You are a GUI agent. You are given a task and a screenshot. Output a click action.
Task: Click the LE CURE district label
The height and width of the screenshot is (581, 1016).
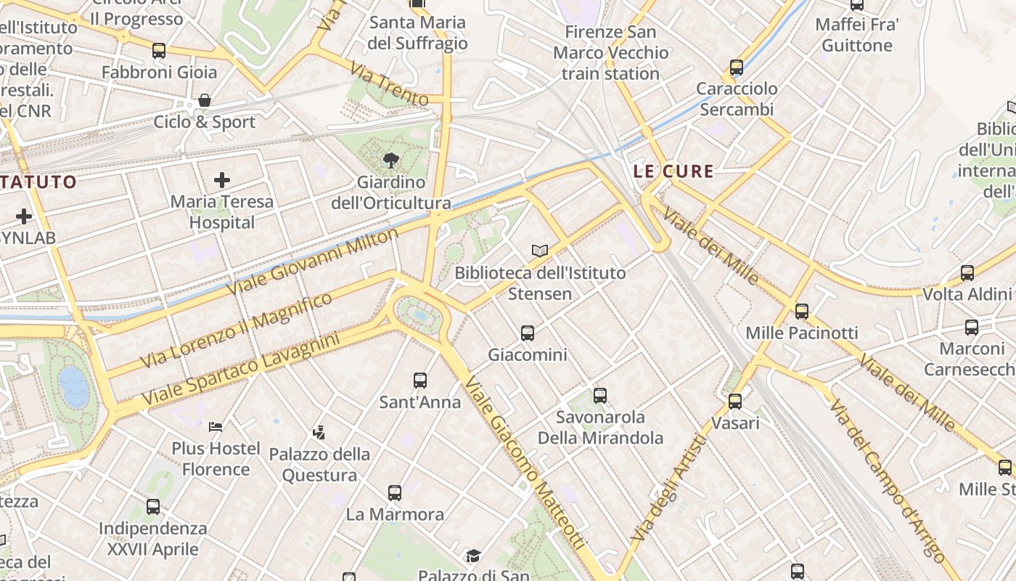673,172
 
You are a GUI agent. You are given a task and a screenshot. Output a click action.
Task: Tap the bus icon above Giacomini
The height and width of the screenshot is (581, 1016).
528,333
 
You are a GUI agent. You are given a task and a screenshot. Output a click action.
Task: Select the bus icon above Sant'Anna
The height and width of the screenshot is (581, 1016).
420,380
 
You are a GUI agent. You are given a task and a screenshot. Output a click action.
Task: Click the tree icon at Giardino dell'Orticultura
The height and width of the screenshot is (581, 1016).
391,160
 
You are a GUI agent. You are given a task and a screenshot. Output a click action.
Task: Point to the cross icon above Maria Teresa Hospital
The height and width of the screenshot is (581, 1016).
222,179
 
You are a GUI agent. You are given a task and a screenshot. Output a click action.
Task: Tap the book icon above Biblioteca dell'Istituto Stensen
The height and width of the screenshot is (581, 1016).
540,251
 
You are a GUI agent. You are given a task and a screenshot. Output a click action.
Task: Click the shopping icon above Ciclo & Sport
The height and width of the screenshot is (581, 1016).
205,99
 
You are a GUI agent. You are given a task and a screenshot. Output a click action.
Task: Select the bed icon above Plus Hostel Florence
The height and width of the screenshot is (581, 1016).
216,426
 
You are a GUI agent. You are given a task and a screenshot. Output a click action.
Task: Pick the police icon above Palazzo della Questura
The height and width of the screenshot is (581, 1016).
319,433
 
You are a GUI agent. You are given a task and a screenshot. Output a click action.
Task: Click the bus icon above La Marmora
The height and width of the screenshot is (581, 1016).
395,493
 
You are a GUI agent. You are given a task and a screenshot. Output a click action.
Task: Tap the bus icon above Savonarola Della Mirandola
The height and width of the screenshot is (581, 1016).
600,395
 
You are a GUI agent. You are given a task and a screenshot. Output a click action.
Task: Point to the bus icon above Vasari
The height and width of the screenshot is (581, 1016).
735,401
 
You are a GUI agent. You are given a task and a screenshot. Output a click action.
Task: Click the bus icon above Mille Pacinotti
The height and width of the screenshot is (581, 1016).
802,311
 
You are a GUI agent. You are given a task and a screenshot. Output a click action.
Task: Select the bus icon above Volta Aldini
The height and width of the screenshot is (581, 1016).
967,273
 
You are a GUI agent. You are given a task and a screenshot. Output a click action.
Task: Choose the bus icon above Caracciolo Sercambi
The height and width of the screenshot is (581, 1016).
737,68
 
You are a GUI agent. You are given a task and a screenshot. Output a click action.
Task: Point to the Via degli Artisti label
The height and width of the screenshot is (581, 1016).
668,487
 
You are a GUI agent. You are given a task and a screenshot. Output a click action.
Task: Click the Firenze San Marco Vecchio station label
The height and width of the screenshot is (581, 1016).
610,53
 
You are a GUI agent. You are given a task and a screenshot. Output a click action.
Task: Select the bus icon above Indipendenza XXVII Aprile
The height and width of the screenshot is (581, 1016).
153,506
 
